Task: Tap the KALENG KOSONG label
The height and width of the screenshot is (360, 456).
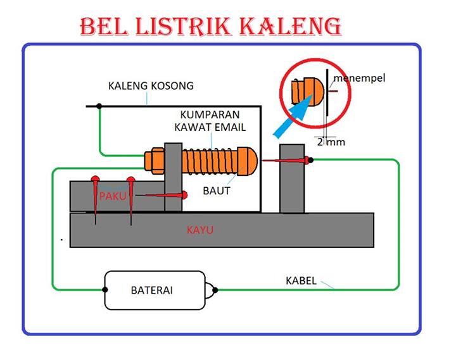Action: [x=151, y=85]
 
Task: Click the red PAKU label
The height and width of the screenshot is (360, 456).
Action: [x=113, y=197]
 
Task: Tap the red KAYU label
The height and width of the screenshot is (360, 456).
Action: [x=199, y=230]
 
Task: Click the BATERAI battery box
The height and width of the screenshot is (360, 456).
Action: [x=155, y=290]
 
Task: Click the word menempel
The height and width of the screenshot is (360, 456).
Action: [x=359, y=78]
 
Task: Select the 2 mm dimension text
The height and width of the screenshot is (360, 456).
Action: [x=331, y=142]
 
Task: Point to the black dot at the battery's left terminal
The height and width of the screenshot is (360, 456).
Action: [x=104, y=290]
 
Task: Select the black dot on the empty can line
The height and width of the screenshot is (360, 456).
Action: [x=98, y=106]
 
